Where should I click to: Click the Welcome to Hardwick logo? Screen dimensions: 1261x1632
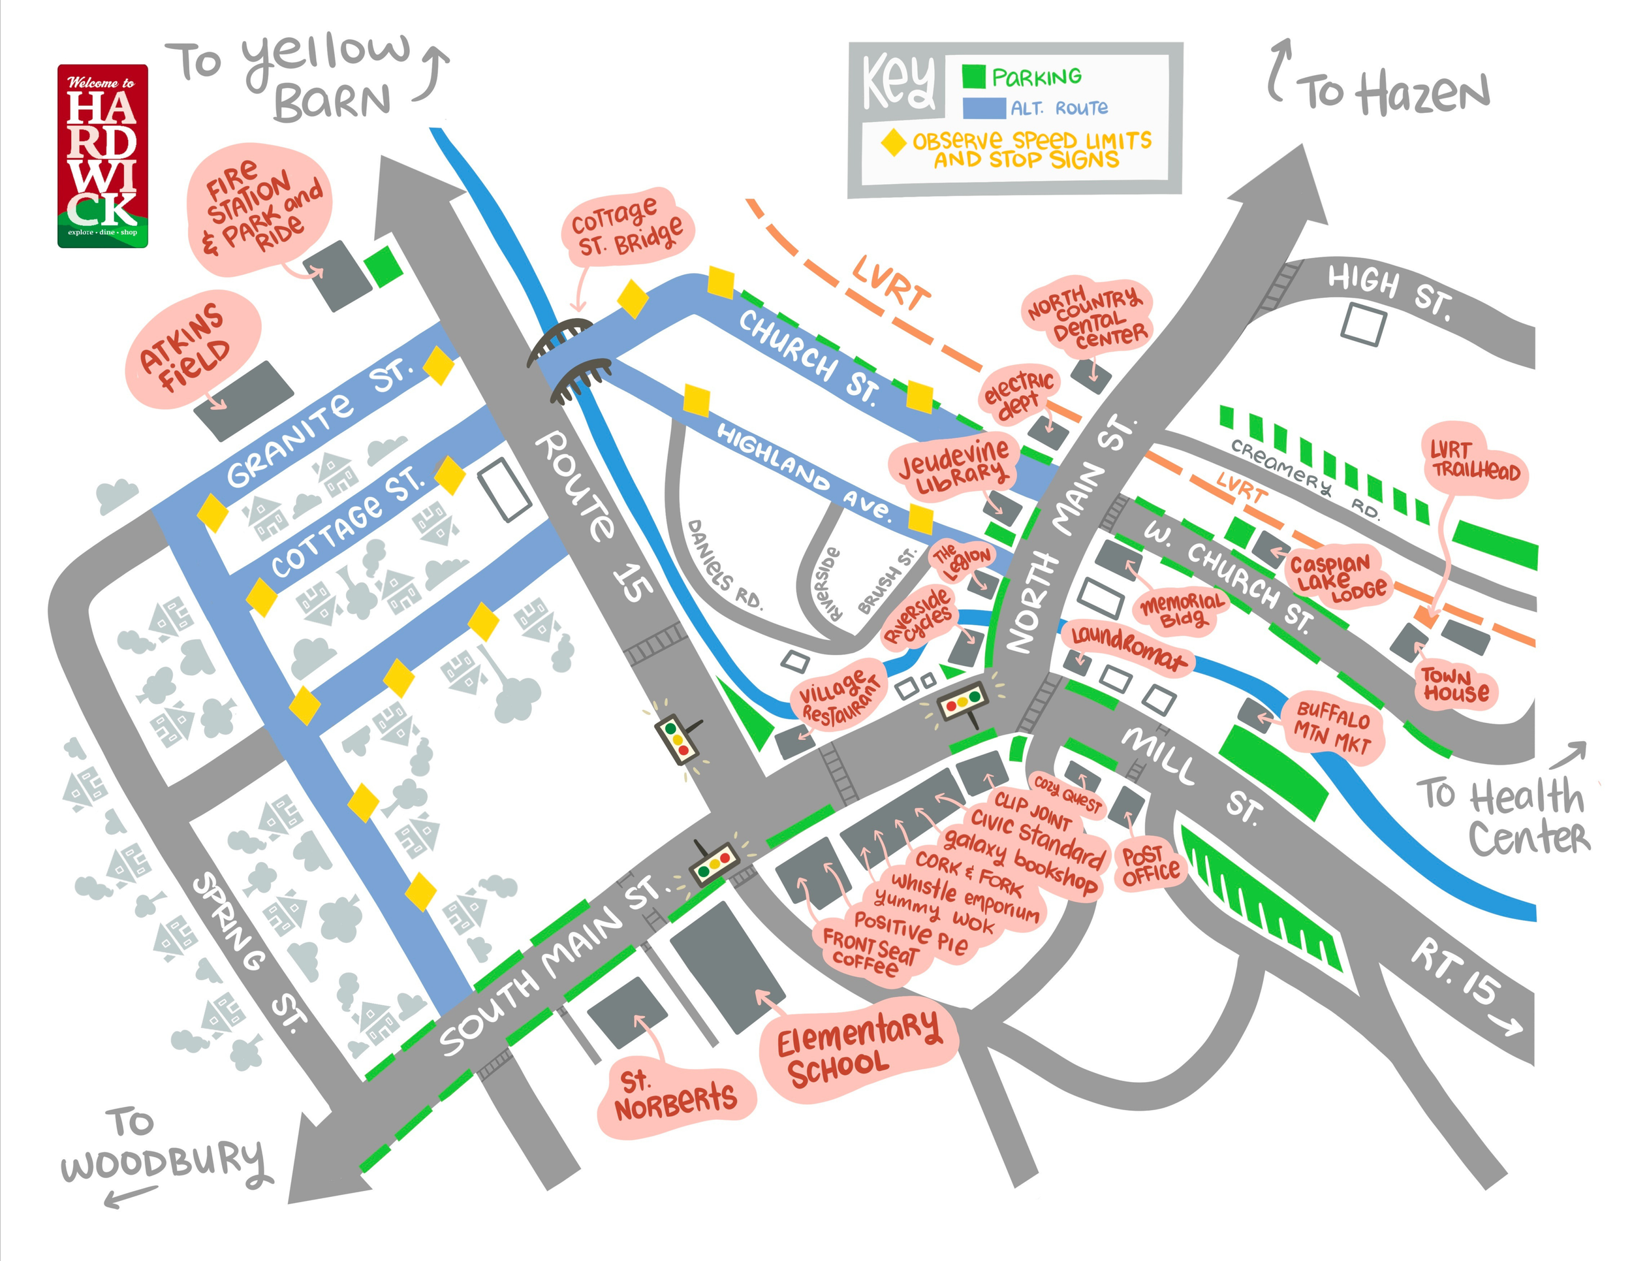[x=102, y=155]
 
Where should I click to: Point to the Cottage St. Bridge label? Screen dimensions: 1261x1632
[x=626, y=227]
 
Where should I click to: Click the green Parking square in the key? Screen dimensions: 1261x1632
[x=973, y=76]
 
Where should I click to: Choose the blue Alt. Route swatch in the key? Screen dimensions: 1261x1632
[x=983, y=108]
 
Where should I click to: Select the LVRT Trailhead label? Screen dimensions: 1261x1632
[x=1473, y=460]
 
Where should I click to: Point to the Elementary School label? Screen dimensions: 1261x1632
[x=858, y=1048]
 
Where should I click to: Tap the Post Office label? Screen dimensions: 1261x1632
[x=1150, y=865]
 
